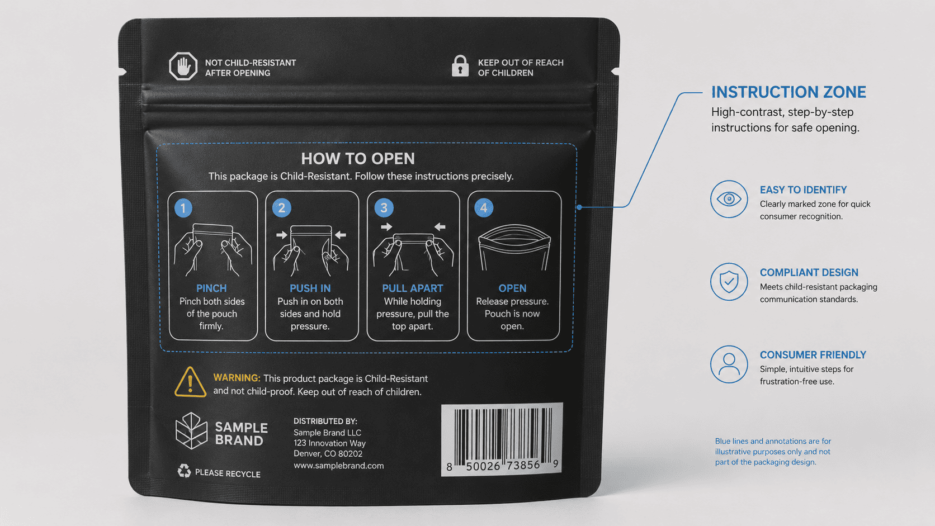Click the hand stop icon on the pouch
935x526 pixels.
[183, 66]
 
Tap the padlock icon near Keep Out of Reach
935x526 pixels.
[460, 66]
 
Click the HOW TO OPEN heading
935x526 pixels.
[358, 159]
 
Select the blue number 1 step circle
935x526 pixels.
[183, 208]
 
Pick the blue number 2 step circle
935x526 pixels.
[282, 208]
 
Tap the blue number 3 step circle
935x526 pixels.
[384, 208]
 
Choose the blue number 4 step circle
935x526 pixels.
[484, 208]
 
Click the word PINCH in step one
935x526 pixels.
[211, 288]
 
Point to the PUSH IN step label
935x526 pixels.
[310, 288]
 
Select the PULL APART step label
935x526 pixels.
[412, 288]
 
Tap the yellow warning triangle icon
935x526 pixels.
[190, 382]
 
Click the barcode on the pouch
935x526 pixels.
[502, 439]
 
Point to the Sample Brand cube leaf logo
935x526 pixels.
[191, 430]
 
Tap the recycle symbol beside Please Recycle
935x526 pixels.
[184, 471]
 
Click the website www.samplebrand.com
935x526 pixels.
[338, 466]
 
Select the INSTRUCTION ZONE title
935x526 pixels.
[788, 92]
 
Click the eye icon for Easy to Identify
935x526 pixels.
[729, 199]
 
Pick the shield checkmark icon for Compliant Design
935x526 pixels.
[729, 282]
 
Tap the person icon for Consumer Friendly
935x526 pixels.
[729, 364]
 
